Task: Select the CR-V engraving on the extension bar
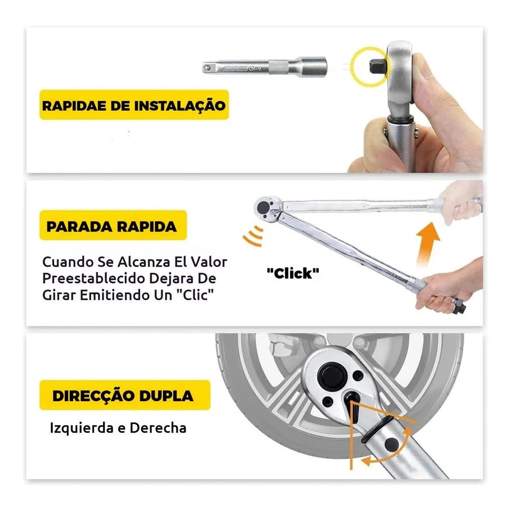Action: (x=255, y=69)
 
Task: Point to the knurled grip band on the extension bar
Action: (x=279, y=67)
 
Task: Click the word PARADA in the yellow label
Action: (x=80, y=227)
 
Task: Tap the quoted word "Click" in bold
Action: (x=292, y=273)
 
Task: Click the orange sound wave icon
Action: (x=254, y=236)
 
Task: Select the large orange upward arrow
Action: (x=428, y=245)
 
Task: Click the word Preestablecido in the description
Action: (x=94, y=278)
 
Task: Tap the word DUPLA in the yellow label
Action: (x=166, y=396)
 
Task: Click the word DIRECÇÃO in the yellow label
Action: (x=94, y=395)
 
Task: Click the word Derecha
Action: (x=158, y=428)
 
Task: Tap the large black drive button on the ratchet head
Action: (x=332, y=377)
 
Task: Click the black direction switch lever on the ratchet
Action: (x=354, y=406)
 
